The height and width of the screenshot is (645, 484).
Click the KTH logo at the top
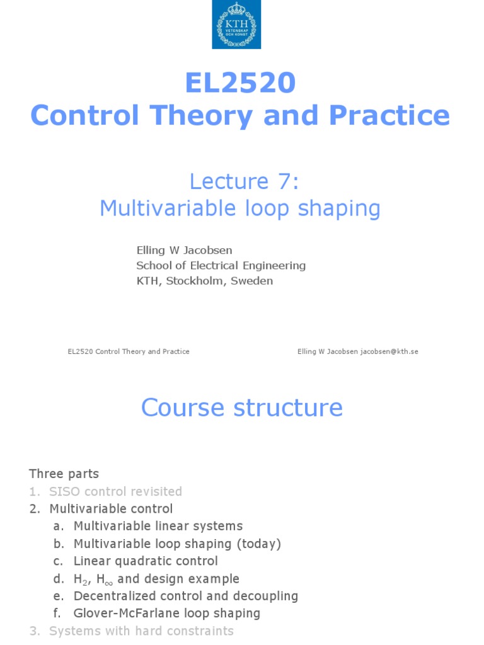coord(236,25)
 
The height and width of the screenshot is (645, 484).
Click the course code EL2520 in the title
coord(240,83)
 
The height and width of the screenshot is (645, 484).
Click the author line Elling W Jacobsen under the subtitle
coord(180,250)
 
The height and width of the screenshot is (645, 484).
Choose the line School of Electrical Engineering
coord(221,265)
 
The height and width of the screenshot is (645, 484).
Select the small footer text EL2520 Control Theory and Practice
coord(129,351)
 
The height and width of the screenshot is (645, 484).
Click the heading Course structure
coord(242,408)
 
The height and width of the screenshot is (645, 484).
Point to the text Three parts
coord(64,474)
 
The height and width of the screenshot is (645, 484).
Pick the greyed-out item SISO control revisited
coord(115,491)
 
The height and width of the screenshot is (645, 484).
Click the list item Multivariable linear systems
coord(158,526)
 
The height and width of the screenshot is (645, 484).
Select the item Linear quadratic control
coord(146,561)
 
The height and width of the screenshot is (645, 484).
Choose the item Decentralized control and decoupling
coord(185,596)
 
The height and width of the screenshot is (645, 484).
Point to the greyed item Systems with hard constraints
coord(141,631)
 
